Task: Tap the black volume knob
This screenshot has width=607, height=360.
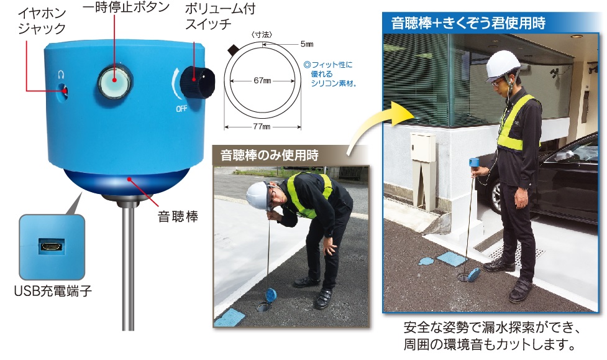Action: pos(197,83)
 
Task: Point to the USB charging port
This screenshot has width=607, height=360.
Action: pos(52,246)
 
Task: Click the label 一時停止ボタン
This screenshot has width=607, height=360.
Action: pos(126,7)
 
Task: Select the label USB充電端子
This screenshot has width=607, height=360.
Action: pos(53,290)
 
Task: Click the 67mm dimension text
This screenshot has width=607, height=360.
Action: pos(262,81)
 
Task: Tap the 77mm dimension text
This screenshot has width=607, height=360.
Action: pos(262,126)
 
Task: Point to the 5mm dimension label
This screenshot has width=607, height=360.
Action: pos(306,44)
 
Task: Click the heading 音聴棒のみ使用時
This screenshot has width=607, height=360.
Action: pos(269,155)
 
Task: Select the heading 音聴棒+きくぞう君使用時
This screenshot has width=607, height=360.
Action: pos(468,23)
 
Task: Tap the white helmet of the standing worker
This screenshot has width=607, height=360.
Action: pos(503,65)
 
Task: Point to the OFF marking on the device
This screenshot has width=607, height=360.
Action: pos(181,109)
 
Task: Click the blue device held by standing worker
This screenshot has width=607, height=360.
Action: pos(474,162)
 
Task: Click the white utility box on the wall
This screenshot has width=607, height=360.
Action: pos(422,147)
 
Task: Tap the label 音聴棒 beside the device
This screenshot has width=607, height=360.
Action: pos(178,216)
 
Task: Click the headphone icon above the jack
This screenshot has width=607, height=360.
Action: pos(60,74)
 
